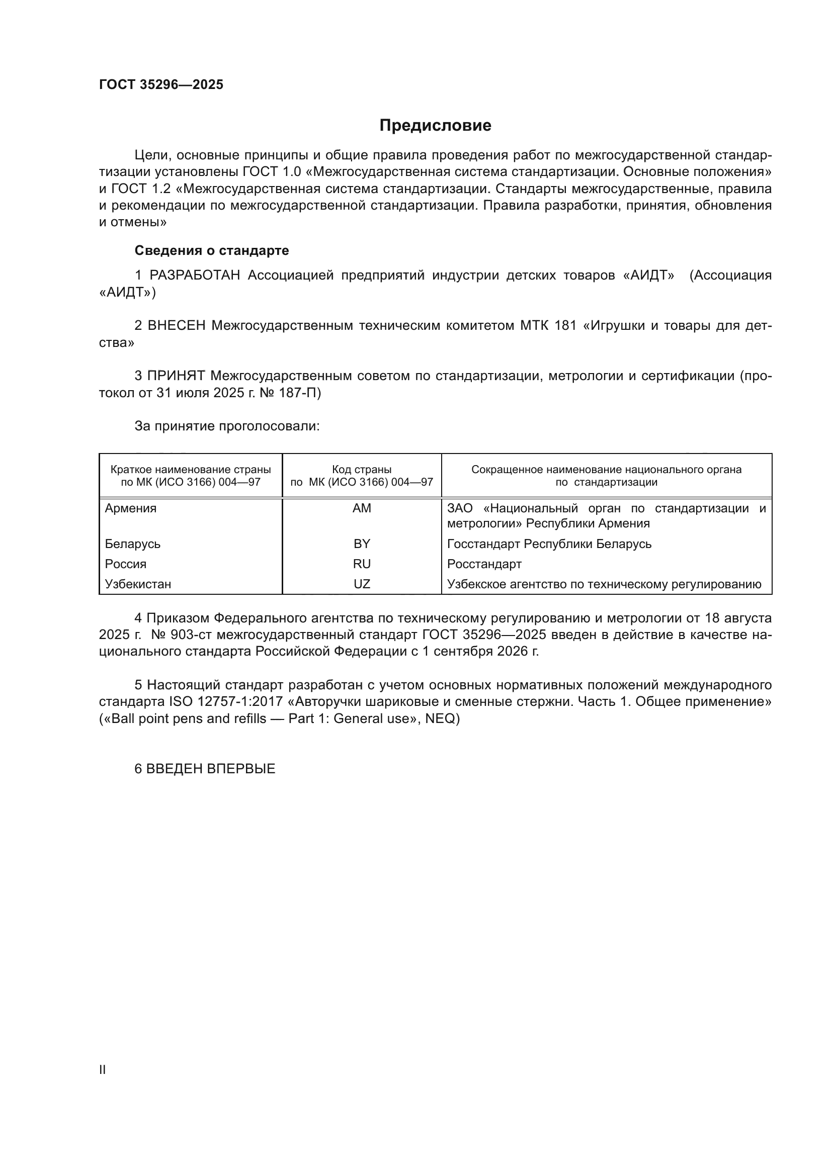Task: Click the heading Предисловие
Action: [x=435, y=126]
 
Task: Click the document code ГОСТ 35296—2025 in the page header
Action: [x=161, y=84]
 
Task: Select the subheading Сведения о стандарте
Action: [x=212, y=250]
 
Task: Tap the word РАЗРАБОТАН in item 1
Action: [x=195, y=276]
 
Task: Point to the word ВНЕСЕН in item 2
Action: [x=177, y=326]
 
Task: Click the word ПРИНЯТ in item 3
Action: [x=176, y=376]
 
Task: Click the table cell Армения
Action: [x=131, y=508]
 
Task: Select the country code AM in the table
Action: [x=362, y=508]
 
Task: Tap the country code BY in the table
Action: [x=362, y=544]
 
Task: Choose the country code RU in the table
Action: [x=362, y=564]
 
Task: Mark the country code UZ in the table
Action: [x=362, y=584]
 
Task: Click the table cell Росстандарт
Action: [x=484, y=564]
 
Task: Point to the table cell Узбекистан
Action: [x=138, y=584]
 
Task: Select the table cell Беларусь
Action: [x=133, y=544]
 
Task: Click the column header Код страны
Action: [x=362, y=470]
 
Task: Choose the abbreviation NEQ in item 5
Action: [x=440, y=718]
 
